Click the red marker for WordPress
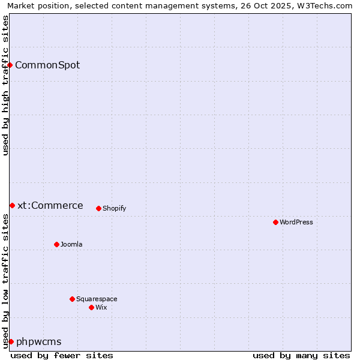coord(275,222)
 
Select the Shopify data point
coord(98,208)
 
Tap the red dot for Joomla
coord(56,244)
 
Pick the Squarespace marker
coord(72,299)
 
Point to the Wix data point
coord(91,307)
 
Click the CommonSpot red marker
coord(10,65)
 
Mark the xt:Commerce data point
coord(12,205)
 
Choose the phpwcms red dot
coord(11,341)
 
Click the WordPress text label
coord(296,222)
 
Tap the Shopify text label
coord(115,208)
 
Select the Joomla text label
coord(71,244)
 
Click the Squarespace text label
coord(97,299)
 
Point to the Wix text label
coord(101,307)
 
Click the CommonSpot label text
coord(47,65)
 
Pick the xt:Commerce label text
coord(50,205)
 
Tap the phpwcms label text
coord(39,341)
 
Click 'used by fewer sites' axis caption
coord(62,355)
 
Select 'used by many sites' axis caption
coord(301,355)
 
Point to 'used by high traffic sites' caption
coord(5,85)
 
